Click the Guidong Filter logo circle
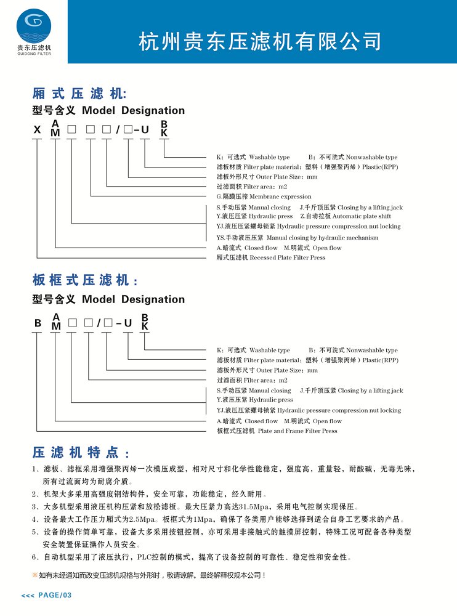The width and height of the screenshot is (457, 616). tap(34, 25)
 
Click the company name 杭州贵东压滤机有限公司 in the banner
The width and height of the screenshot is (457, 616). tap(261, 42)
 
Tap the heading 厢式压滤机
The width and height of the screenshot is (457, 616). tap(78, 94)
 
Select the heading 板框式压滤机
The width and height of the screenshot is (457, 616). tap(84, 281)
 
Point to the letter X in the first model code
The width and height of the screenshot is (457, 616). tap(38, 131)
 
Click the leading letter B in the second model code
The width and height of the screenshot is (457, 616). tap(38, 323)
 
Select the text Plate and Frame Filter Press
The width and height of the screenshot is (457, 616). tap(297, 431)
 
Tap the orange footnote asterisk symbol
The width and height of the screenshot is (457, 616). tap(34, 575)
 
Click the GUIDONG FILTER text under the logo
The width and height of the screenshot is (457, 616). tap(34, 54)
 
